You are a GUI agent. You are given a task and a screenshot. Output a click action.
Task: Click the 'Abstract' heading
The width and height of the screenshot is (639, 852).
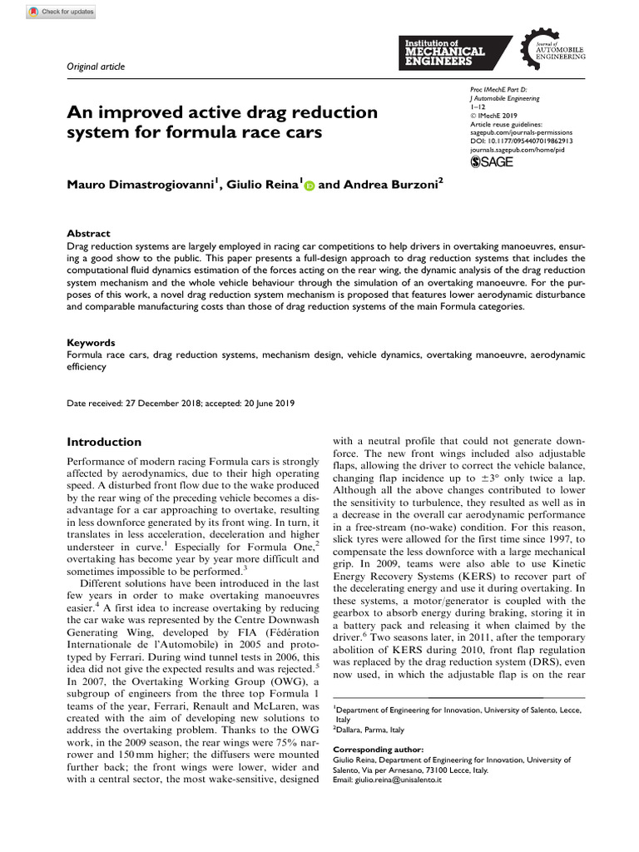pos(88,234)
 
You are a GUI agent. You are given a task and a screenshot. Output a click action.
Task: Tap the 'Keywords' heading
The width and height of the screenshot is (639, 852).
pos(91,342)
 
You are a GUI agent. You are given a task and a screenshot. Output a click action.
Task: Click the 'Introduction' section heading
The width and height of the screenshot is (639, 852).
pos(104,442)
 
